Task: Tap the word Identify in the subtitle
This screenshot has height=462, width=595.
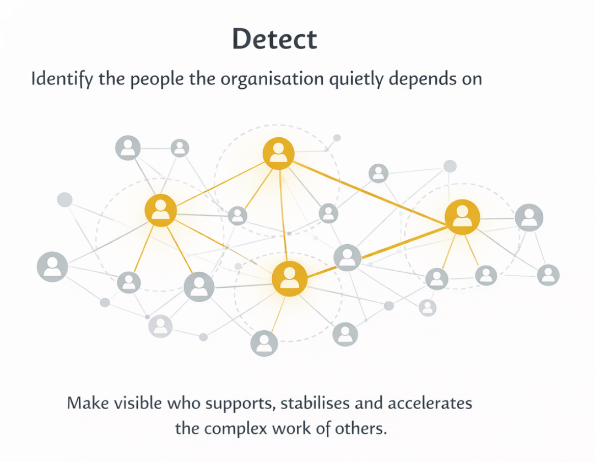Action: click(62, 79)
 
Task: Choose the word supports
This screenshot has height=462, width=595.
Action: click(240, 404)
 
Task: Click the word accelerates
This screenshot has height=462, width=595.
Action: click(430, 402)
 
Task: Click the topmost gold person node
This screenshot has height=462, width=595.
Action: click(278, 153)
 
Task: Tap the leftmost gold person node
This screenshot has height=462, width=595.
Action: click(161, 210)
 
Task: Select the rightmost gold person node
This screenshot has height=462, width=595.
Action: click(462, 217)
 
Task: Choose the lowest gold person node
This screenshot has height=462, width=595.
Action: click(290, 279)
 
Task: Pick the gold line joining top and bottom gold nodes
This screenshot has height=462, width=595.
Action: click(283, 215)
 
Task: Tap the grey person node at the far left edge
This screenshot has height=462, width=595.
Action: click(52, 267)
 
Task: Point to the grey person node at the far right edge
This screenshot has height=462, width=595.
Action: click(548, 275)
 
